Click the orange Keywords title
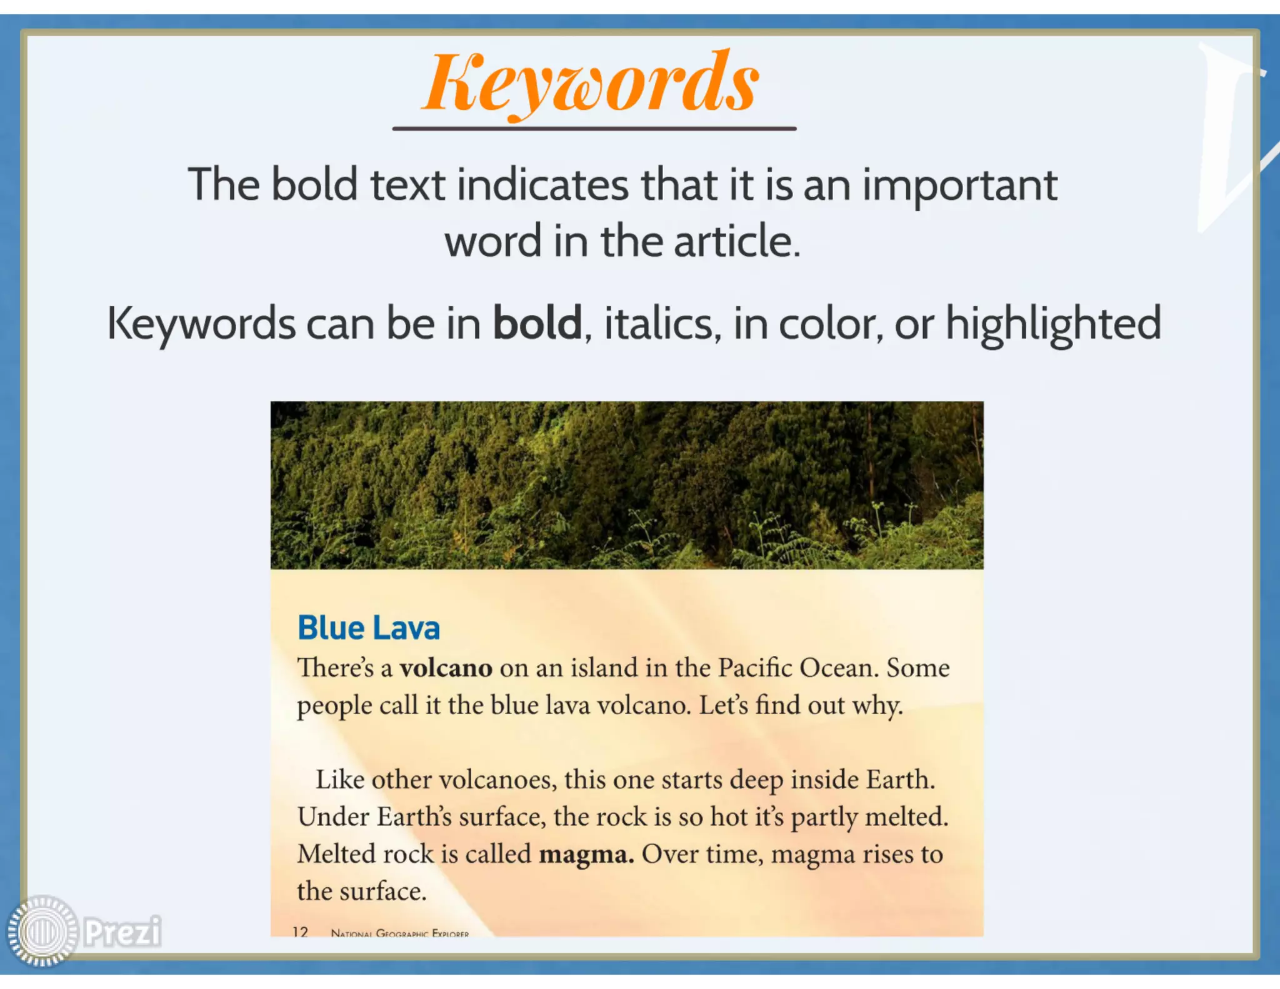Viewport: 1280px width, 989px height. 591,83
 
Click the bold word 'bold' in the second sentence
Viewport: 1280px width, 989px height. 537,323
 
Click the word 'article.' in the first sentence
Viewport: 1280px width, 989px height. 737,241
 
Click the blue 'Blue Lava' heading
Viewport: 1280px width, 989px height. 369,628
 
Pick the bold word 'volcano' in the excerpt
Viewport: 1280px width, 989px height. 446,668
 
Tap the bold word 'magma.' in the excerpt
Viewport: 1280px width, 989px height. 586,854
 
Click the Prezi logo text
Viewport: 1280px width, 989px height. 122,931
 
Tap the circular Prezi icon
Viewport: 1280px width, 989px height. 42,931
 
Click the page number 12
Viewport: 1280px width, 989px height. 301,931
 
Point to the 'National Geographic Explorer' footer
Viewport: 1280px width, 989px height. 400,933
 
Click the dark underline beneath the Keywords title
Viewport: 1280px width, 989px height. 594,128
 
